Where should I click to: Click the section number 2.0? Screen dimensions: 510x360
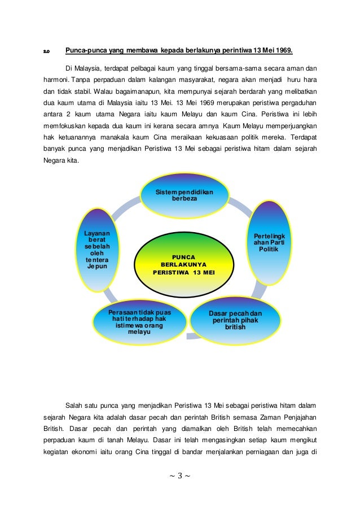(x=47, y=51)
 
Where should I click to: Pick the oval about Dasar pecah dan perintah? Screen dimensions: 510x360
(x=235, y=319)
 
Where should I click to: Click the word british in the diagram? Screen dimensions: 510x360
(x=235, y=326)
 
